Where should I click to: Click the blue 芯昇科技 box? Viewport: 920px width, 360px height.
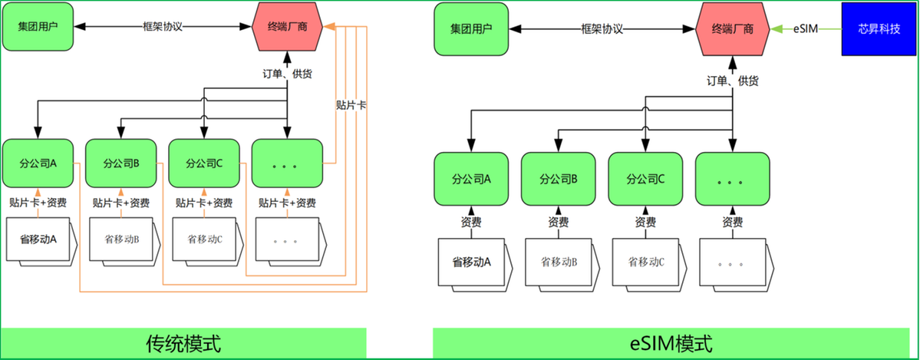(x=879, y=28)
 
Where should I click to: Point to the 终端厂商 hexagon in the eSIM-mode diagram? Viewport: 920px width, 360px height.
(x=732, y=28)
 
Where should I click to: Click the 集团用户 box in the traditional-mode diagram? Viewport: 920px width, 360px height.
(x=38, y=27)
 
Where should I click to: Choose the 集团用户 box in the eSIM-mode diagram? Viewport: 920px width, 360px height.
(x=471, y=28)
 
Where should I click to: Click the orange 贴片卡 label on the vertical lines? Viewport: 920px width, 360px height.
(x=351, y=105)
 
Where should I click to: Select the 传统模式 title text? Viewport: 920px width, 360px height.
(x=183, y=344)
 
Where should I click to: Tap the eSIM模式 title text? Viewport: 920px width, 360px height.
(x=674, y=344)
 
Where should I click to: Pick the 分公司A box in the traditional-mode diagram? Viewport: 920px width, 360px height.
(x=38, y=163)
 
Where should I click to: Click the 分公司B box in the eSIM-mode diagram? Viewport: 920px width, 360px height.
(x=558, y=179)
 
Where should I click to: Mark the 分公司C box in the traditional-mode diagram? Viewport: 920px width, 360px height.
(x=204, y=163)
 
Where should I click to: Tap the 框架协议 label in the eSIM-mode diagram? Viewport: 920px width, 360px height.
(x=602, y=28)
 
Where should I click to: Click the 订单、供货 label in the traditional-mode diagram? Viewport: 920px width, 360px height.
(x=287, y=74)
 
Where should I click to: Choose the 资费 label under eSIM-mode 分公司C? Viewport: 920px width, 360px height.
(x=645, y=222)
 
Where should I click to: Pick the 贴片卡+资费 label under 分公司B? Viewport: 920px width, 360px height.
(x=121, y=203)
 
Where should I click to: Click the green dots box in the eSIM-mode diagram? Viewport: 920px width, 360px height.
(x=732, y=179)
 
